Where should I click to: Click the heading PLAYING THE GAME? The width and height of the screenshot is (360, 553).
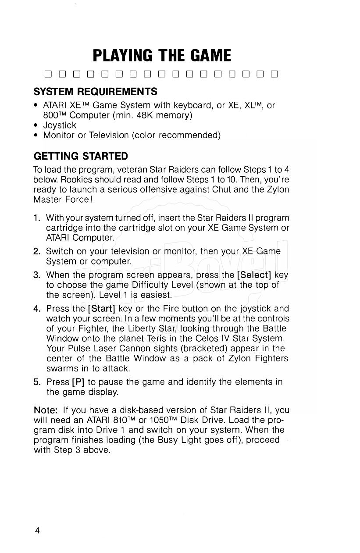click(162, 56)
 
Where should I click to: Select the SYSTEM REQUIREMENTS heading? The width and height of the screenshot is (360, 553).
click(95, 92)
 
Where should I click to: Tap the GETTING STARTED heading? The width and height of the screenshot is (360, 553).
click(81, 156)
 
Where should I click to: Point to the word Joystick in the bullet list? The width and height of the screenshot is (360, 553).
click(60, 125)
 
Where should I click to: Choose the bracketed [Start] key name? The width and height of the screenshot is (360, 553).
click(102, 308)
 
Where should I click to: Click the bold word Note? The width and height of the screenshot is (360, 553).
click(46, 410)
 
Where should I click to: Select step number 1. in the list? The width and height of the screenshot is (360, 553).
click(37, 218)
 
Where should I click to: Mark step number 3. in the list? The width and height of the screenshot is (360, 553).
click(37, 275)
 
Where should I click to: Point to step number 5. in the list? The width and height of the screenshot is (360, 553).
click(37, 382)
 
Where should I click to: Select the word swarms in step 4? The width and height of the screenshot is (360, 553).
click(60, 368)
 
